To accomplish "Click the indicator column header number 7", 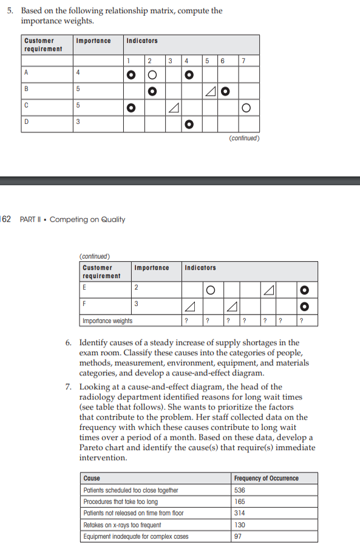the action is tap(243, 61).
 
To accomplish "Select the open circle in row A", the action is tap(154, 75).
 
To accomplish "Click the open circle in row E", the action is tap(209, 288).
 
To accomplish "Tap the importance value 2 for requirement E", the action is tap(136, 288).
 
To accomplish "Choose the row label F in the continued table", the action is tap(84, 304).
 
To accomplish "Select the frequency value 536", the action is tap(241, 490).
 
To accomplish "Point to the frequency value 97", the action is tap(238, 536).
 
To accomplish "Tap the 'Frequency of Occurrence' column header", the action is tap(266, 479).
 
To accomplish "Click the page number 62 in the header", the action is tap(6, 219).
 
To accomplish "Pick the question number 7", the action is tap(69, 387).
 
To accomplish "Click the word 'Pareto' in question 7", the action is tap(92, 448).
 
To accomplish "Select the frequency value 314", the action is tap(241, 513).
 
